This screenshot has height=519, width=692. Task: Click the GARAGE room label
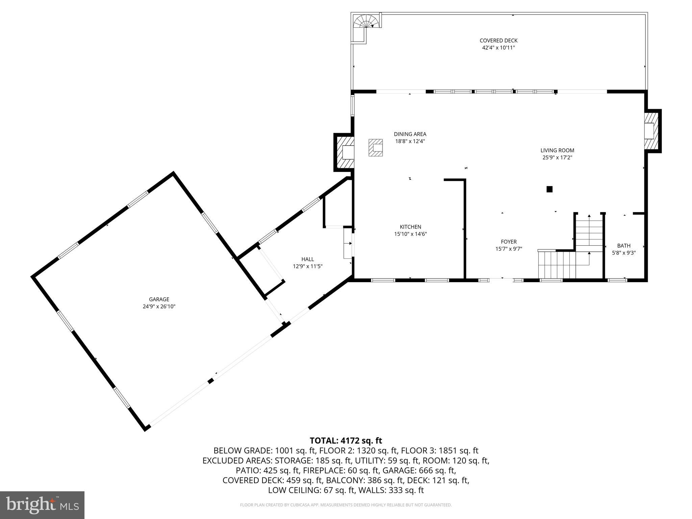point(159,299)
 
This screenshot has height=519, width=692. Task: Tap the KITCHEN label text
point(410,227)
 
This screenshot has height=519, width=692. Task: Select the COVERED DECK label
point(498,41)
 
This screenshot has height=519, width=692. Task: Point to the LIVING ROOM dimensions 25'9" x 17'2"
point(557,157)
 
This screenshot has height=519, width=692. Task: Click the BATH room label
point(624,246)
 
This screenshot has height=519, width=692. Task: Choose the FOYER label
point(509,242)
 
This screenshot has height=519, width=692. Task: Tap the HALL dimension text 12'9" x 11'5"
point(307,266)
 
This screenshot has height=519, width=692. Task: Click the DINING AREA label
point(410,134)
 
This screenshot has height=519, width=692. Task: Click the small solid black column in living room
point(549,189)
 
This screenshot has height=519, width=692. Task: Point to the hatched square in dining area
point(375,148)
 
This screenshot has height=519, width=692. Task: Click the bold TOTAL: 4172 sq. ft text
point(346,441)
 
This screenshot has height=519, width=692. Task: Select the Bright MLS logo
point(42,505)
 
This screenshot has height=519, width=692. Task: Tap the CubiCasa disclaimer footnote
point(346,505)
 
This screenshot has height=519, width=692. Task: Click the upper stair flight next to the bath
point(589,233)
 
